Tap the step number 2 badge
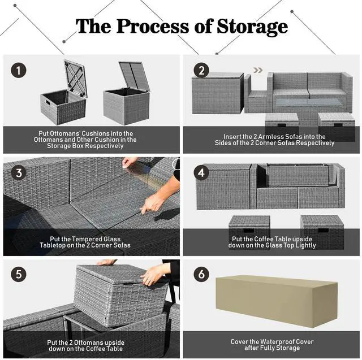tap(200, 71)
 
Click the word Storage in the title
tap(248, 26)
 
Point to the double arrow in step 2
tap(258, 71)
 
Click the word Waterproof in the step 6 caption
tap(274, 341)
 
